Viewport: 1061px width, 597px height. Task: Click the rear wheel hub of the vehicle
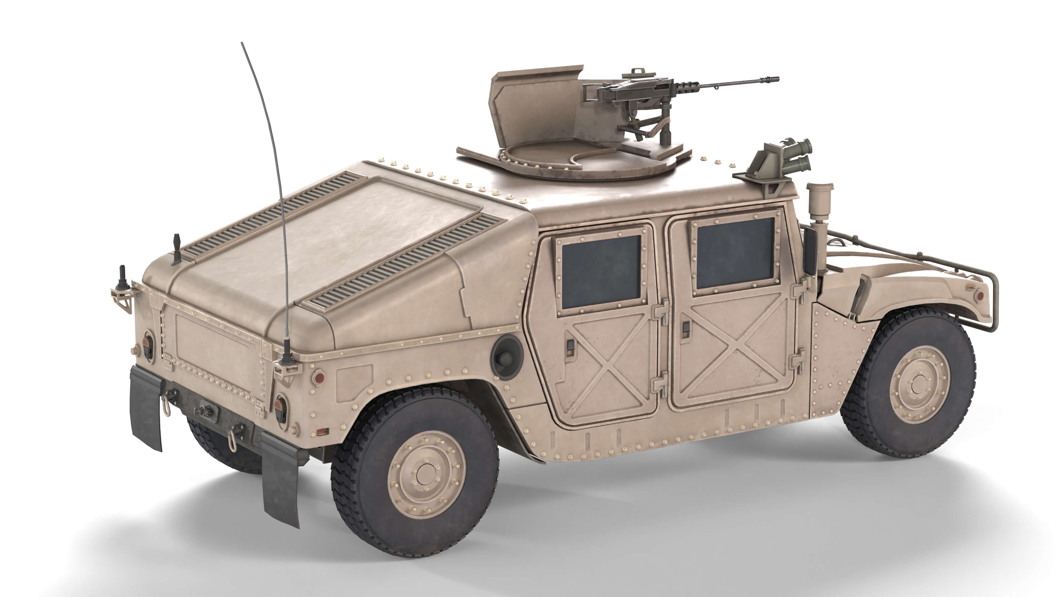point(426,474)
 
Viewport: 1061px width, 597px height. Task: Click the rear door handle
point(571,346)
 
